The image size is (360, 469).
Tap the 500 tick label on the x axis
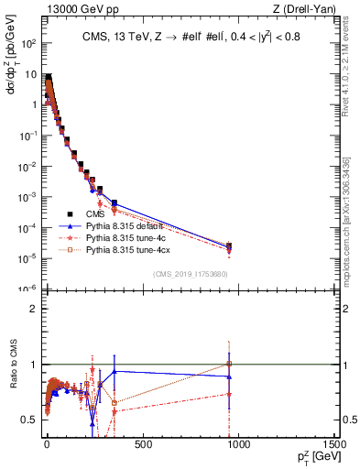142,445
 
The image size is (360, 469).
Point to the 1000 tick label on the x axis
238,445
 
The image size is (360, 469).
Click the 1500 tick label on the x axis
334,445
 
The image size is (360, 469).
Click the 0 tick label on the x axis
46,445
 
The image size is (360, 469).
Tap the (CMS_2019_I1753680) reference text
190,273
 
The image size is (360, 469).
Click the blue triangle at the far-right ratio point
229,376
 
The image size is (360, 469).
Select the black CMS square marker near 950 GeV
229,245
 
